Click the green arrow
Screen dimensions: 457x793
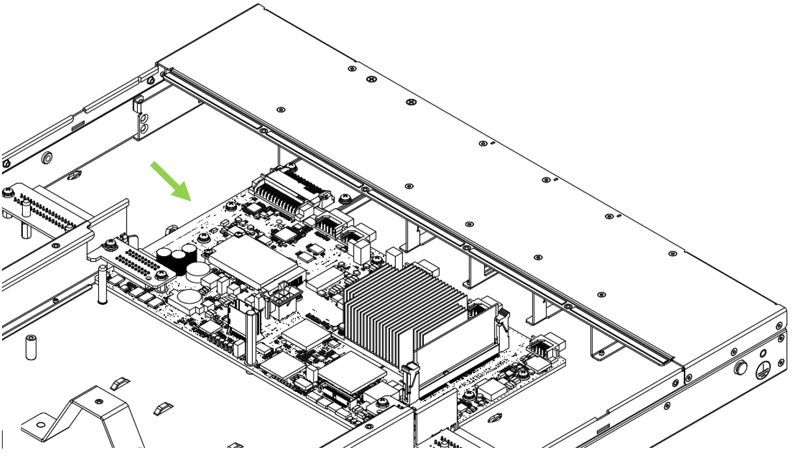pyautogui.click(x=170, y=181)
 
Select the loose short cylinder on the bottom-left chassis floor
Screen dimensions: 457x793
pyautogui.click(x=30, y=347)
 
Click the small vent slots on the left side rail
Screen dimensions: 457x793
pyautogui.click(x=77, y=124)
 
